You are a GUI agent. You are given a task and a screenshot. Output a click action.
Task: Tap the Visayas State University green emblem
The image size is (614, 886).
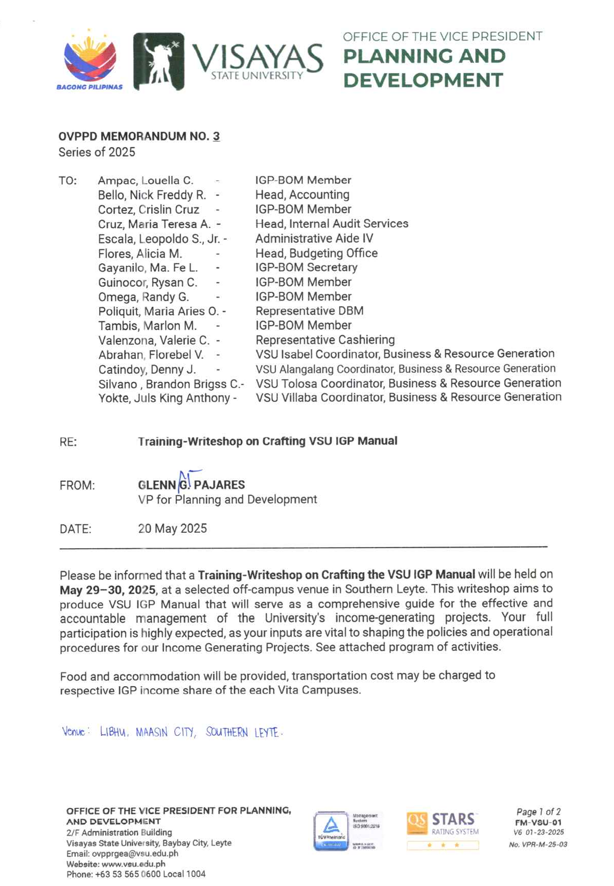coord(158,61)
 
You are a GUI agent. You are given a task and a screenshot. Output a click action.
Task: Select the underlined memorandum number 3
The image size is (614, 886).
coord(216,136)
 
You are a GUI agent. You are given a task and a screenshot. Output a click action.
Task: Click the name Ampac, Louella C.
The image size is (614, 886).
coord(145,181)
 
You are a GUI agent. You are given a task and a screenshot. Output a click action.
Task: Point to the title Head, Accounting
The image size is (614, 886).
coord(302,195)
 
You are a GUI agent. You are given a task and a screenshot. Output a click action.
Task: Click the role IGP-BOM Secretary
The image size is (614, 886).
coord(306,267)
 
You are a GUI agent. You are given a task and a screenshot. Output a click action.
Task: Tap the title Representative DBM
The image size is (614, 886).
coord(309,311)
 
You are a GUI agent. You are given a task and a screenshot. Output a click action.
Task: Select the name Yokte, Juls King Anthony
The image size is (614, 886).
coord(164,398)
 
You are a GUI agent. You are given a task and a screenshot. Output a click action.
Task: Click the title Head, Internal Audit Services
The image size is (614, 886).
coord(332,224)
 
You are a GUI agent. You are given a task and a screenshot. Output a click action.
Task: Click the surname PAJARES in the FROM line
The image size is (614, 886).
coord(219,485)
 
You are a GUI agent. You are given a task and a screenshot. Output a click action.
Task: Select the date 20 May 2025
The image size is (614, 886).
coord(173,529)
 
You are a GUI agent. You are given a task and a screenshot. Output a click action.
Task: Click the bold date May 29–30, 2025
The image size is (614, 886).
coord(108,590)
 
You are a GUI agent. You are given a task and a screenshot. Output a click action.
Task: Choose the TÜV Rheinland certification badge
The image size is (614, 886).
coord(331,831)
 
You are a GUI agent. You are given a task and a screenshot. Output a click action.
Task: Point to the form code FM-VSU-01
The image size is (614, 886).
coord(538,822)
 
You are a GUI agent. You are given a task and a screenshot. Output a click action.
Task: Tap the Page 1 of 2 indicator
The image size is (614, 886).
coord(538,812)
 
